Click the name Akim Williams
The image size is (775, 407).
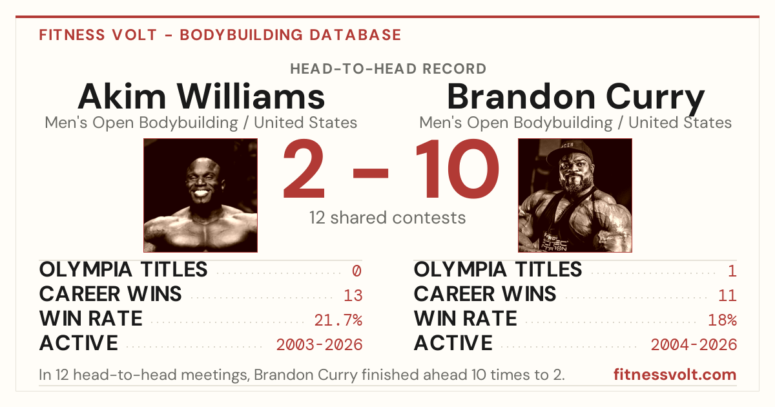pos(201,96)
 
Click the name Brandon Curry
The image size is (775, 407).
pos(575,98)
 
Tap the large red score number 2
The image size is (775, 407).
pos(304,168)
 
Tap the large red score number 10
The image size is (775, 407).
pos(457,168)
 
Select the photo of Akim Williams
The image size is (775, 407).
pos(201,195)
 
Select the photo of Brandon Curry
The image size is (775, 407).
pos(575,195)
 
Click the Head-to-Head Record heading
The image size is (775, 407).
pos(388,69)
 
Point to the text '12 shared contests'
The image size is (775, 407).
pos(387,218)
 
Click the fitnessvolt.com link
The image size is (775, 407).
pos(675,375)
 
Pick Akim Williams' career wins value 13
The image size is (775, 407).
pos(353,295)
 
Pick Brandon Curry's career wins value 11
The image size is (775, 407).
pos(727,295)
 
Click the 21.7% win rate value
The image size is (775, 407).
pos(338,320)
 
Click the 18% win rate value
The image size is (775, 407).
pos(723,320)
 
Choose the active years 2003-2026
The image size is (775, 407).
pos(319,345)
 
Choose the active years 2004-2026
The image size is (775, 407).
pos(694,345)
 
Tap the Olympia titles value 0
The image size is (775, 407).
pos(357,271)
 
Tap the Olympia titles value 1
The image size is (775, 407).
pos(732,271)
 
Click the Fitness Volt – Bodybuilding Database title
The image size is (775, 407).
pos(220,35)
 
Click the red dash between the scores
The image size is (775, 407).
pos(371,173)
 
